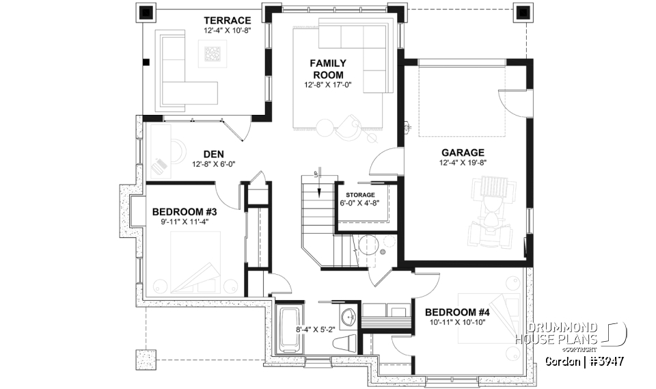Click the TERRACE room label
[227, 21]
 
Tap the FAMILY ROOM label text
[328, 69]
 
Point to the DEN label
[214, 154]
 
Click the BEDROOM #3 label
[184, 211]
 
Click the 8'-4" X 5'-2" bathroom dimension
[314, 330]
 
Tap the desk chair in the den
[160, 165]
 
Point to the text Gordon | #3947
[585, 360]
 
